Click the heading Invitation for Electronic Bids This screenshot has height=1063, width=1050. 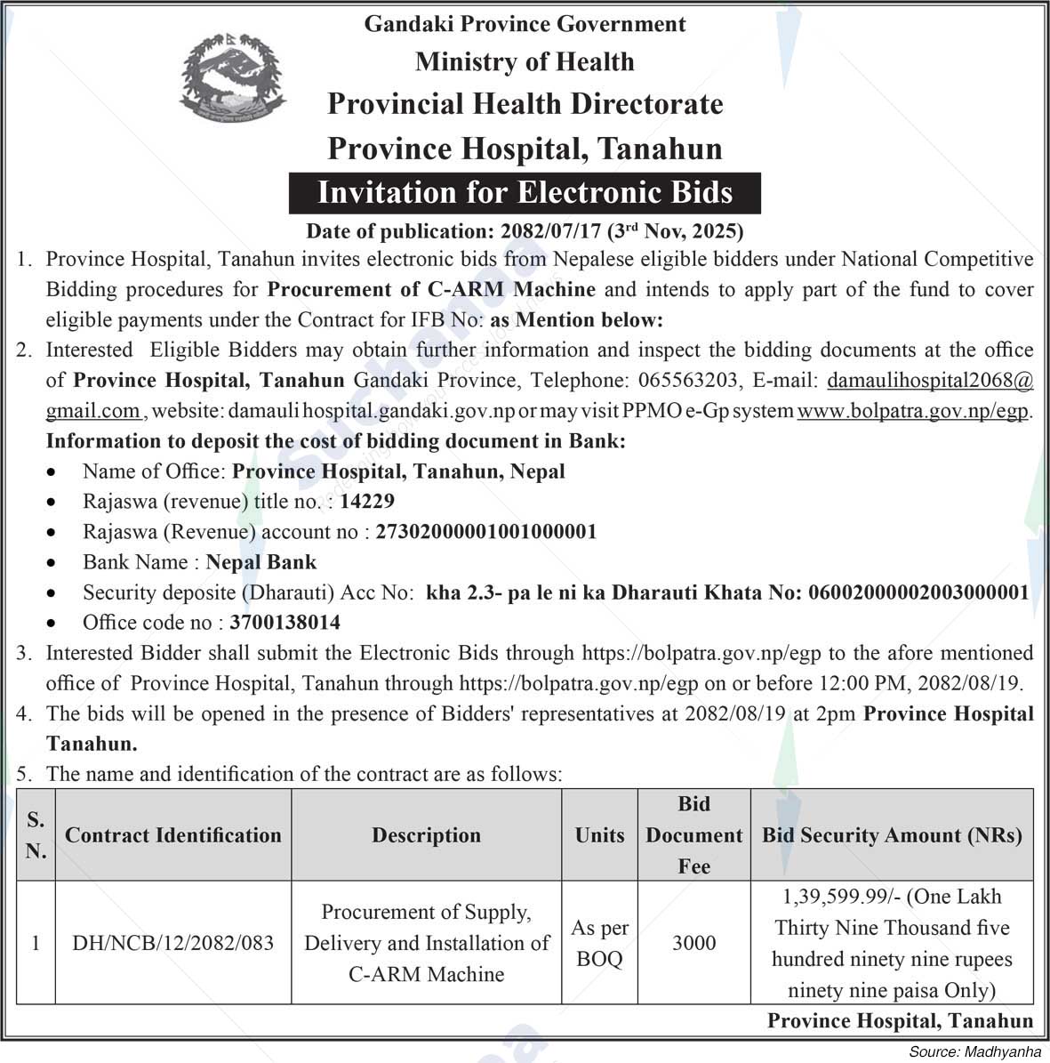525,192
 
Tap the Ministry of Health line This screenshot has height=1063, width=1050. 525,61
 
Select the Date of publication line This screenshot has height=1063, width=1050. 525,231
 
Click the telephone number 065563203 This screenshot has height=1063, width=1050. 687,381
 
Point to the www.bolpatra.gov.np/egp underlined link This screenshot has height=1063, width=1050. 913,411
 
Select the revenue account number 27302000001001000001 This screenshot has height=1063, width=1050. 486,532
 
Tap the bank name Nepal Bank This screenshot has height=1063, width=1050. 261,562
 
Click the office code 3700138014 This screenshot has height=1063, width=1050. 285,623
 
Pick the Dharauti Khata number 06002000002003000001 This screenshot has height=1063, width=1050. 918,592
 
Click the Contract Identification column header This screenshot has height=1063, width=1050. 173,835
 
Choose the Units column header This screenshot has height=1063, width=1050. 600,835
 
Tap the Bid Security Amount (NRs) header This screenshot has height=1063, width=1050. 892,835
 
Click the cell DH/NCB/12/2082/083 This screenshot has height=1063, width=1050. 173,943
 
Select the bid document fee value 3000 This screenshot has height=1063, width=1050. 693,943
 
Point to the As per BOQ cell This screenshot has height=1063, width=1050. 600,943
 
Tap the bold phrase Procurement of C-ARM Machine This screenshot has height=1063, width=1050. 431,290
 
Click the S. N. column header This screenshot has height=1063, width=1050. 36,835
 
